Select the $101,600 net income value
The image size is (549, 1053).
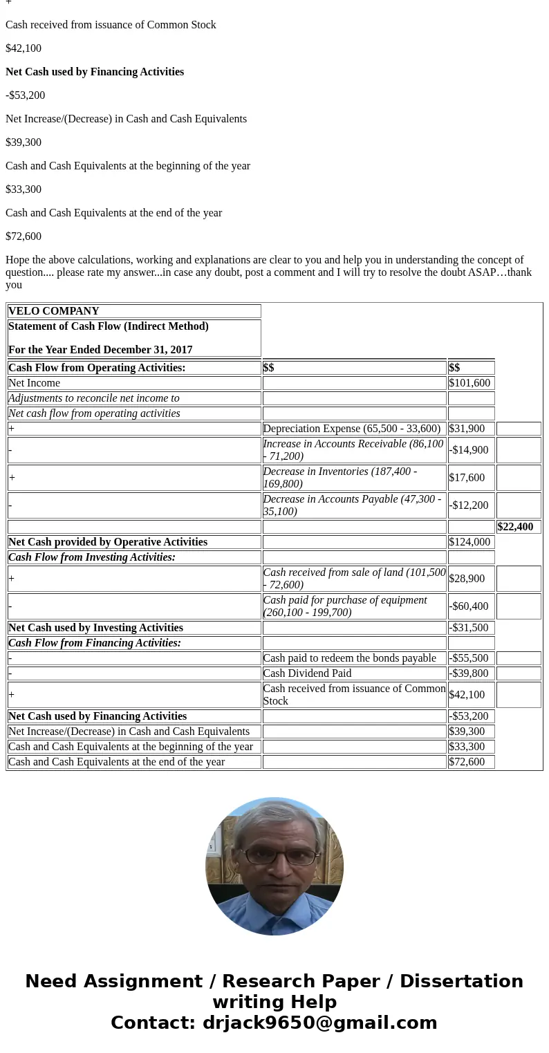[469, 383]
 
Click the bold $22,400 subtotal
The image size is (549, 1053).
[515, 527]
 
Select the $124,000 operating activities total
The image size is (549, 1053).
[469, 542]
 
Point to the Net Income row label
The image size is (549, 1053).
[35, 383]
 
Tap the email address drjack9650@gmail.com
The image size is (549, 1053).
[319, 1023]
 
